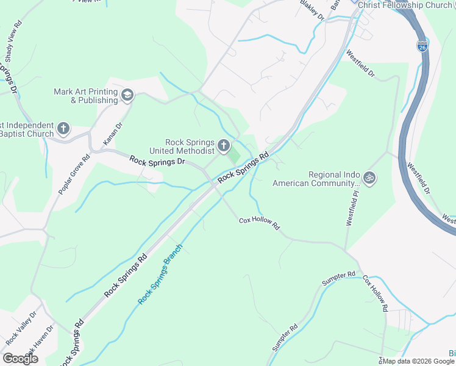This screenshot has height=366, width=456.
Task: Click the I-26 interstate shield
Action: (x=422, y=46)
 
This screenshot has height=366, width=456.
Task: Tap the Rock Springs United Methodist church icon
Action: (x=224, y=146)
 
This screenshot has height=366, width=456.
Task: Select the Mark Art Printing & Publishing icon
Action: (x=127, y=95)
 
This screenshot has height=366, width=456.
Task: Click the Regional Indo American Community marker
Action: (x=369, y=178)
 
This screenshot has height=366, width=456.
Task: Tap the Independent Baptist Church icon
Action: (x=63, y=129)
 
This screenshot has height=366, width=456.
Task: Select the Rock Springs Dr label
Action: (x=157, y=162)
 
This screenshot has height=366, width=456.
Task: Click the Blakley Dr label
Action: (x=313, y=10)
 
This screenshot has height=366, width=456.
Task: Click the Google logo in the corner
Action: (x=20, y=359)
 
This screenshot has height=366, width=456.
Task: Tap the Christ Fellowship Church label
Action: (x=405, y=5)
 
